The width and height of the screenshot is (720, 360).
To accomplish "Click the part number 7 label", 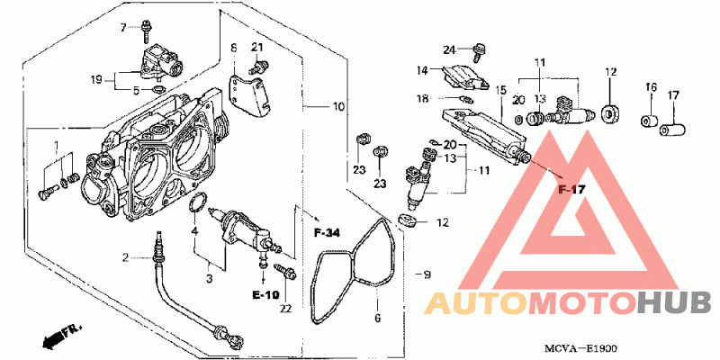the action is coord(123,28).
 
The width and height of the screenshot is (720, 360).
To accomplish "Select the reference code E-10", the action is coord(265,295).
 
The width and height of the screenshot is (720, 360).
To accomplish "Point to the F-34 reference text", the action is coord(327,233).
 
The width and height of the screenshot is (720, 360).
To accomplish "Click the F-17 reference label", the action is coord(571,189).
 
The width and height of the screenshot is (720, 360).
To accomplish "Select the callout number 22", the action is coord(285,309).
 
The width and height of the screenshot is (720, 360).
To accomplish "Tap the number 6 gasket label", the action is coord(377,318).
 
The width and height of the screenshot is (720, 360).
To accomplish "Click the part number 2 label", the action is coord(125,257).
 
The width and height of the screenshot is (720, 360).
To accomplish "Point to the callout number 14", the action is coord(422,70).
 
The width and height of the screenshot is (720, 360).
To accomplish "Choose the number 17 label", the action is coord(673,96).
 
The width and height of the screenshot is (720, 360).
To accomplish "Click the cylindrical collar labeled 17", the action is coord(672,129).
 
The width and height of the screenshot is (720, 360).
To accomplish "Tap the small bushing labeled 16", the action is coord(649,121).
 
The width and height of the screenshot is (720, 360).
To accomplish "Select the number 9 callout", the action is coord(427,275).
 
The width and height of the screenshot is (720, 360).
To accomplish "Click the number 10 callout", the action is coord(338,107).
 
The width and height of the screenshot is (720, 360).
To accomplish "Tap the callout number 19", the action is coord(96,81).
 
